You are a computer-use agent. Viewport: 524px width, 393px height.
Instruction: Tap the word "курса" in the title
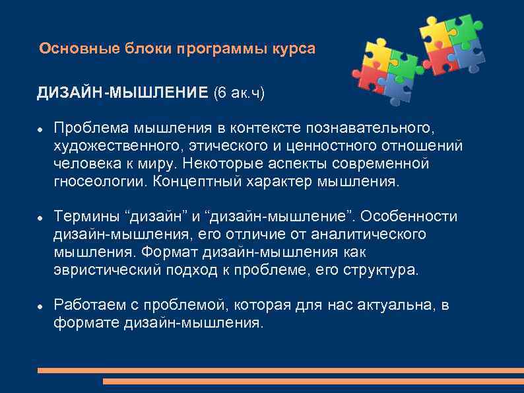[x=294, y=49]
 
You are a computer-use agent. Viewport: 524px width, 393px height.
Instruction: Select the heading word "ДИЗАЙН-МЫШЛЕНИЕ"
[x=122, y=93]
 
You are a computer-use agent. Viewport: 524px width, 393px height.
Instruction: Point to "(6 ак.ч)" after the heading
[x=238, y=93]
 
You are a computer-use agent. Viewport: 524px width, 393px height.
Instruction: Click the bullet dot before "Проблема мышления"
[x=40, y=127]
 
